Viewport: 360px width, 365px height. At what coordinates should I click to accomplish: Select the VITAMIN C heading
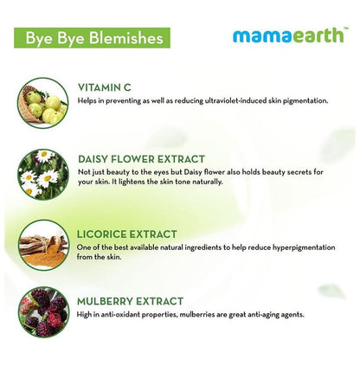click(104, 86)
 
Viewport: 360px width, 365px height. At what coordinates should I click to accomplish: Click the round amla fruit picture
click(43, 103)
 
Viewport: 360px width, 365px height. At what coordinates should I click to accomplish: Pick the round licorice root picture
click(43, 246)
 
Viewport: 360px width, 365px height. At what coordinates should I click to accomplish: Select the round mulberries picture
click(43, 311)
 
